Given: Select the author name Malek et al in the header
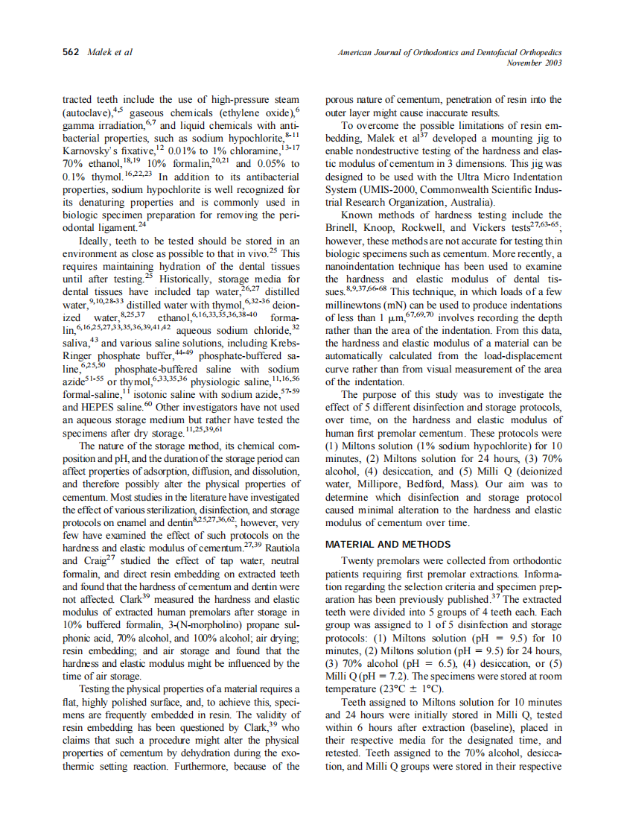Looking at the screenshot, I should pyautogui.click(x=110, y=53).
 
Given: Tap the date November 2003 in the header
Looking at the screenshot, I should pyautogui.click(x=534, y=63).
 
